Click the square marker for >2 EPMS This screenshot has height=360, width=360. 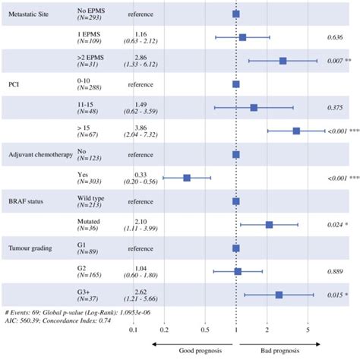coord(283,61)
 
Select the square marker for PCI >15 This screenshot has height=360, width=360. coord(296,131)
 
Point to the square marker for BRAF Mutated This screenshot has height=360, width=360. coord(269,225)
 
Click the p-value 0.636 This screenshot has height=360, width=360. coord(333,37)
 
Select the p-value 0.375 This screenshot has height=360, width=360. coord(333,108)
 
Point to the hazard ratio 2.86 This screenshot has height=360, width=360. coord(141,57)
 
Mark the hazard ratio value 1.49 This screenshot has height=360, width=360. coord(141,104)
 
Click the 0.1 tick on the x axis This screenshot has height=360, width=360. coord(134,330)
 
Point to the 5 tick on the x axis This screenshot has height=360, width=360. coord(308,330)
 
